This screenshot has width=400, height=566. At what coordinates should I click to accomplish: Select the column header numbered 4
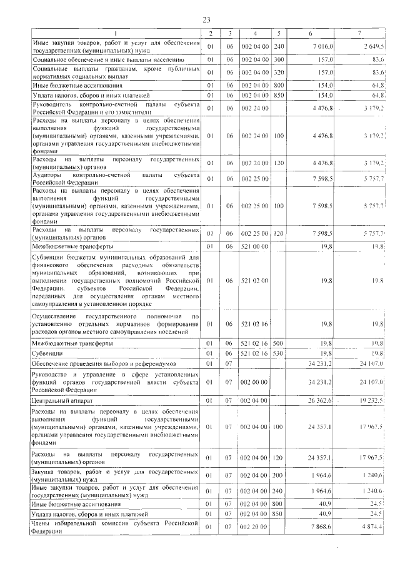(x=255, y=33)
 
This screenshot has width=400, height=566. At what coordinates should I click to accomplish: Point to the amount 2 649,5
(x=373, y=46)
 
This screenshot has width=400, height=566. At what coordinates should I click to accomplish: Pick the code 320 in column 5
(x=279, y=72)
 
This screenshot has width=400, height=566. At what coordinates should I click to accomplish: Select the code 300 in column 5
(x=279, y=59)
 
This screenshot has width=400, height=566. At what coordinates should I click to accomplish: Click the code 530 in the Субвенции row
(x=279, y=353)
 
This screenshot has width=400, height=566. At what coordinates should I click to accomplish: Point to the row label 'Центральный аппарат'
(x=63, y=399)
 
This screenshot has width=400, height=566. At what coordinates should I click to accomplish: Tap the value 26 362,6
(x=322, y=399)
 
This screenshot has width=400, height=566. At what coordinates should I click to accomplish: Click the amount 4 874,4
(x=373, y=527)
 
